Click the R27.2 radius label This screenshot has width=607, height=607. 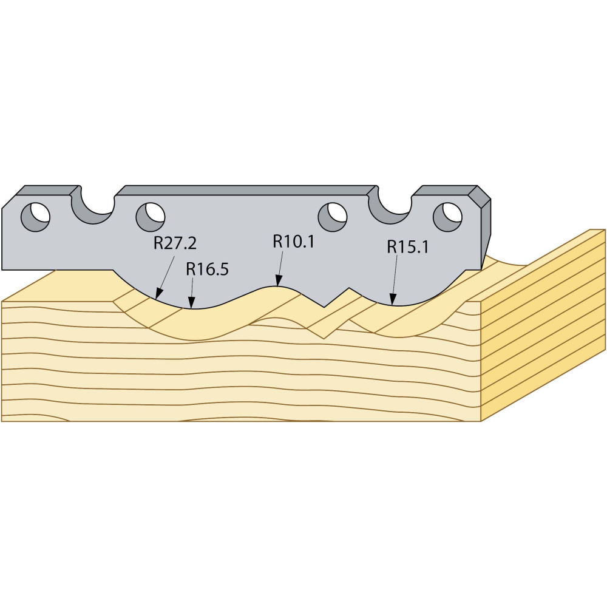175,243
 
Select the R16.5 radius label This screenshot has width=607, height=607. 207,269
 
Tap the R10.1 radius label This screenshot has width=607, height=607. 293,242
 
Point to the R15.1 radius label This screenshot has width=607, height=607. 408,247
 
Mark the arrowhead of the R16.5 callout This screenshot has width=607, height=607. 191,303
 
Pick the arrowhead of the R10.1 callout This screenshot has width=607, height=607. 277,281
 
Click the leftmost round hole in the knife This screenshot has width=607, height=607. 36,217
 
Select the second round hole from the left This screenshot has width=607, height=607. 151,217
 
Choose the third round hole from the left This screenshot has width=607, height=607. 333,217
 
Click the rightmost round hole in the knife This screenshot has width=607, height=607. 447,217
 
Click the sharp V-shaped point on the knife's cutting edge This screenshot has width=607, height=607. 324,307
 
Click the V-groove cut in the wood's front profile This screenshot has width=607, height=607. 324,327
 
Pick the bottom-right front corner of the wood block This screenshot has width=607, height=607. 481,421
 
